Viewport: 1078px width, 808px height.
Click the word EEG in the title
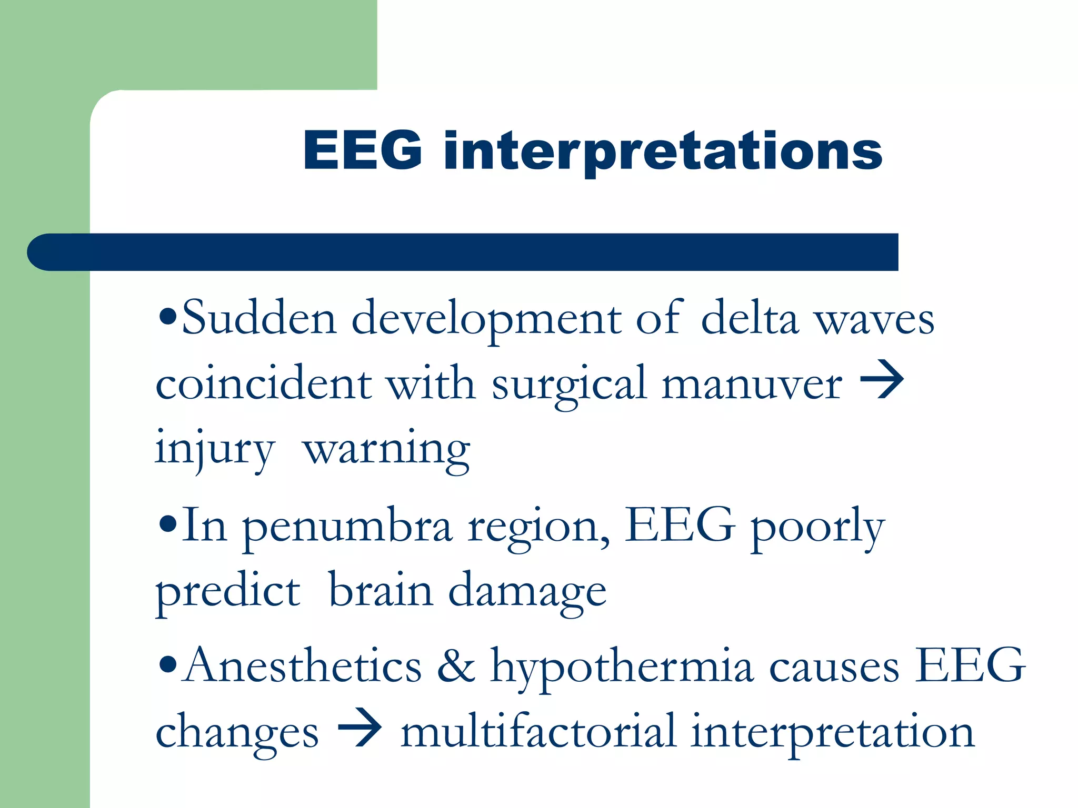[363, 150]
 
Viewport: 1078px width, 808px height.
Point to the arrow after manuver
[882, 380]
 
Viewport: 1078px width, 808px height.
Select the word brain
[381, 591]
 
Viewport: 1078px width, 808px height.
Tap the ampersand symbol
[456, 666]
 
